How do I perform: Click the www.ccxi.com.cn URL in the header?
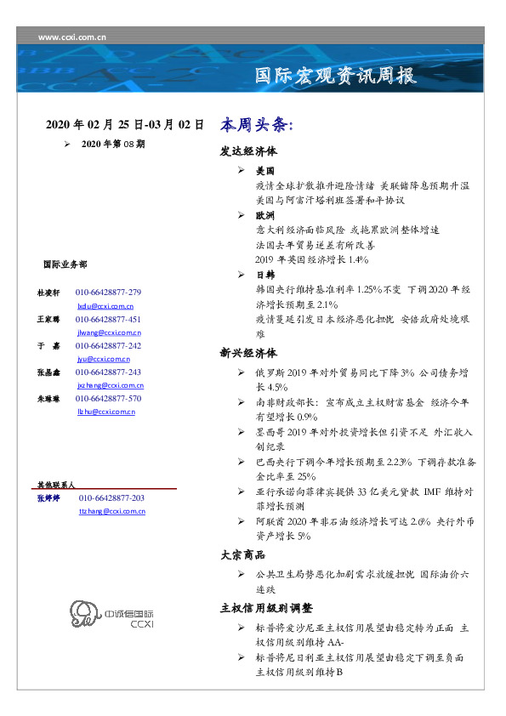[x=72, y=37]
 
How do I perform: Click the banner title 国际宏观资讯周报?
[x=336, y=77]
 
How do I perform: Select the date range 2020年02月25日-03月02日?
[x=125, y=124]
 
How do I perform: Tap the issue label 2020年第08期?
[x=113, y=145]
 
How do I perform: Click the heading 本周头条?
[x=256, y=124]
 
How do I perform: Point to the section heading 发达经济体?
[x=248, y=153]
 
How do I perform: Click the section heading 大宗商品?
[x=242, y=555]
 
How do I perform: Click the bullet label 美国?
[x=264, y=171]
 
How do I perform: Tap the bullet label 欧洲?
[x=264, y=216]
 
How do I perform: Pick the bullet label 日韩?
[x=264, y=275]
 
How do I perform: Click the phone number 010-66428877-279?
[x=108, y=292]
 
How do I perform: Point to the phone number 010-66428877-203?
[x=111, y=497]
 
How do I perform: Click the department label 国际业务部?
[x=65, y=264]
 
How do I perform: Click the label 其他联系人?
[x=56, y=483]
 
